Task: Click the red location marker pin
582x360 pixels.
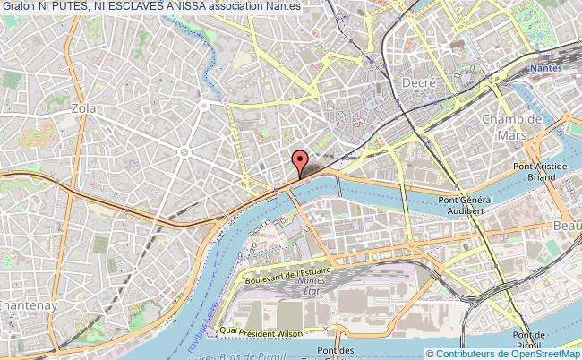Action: pos(300,165)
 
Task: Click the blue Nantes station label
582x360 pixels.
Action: pos(545,66)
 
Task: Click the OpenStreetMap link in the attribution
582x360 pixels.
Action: pos(534,352)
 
